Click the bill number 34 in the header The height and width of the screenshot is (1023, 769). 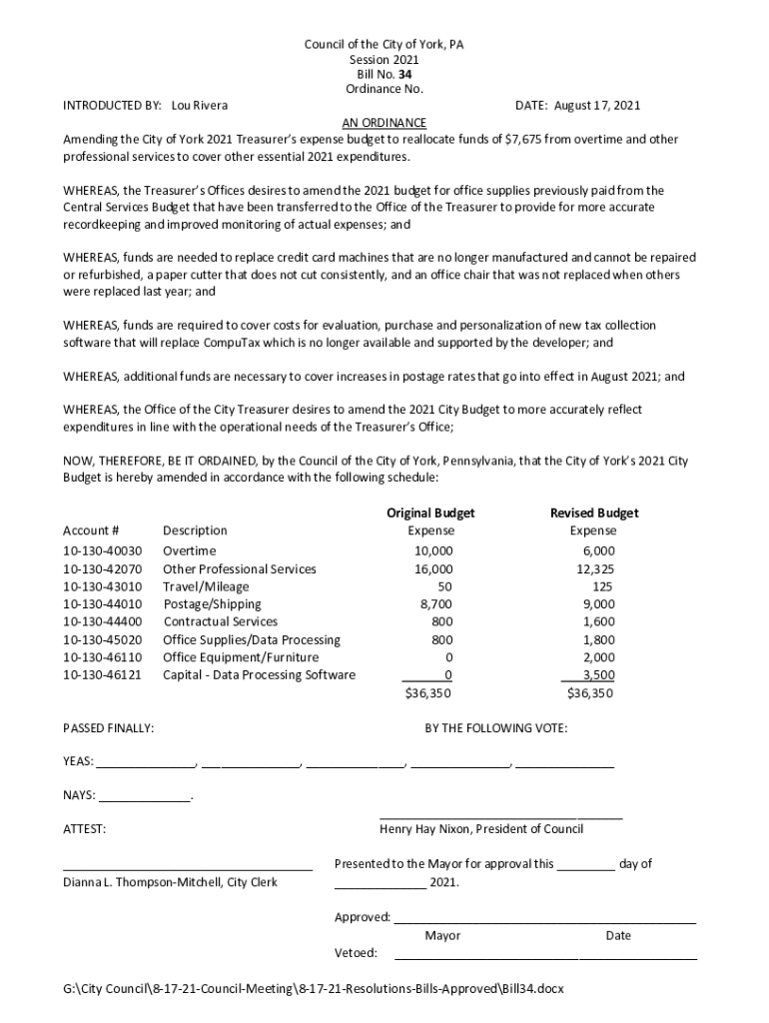[404, 74]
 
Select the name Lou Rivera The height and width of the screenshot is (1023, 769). [200, 105]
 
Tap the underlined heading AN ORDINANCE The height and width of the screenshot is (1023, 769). [384, 122]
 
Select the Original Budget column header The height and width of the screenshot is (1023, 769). [430, 512]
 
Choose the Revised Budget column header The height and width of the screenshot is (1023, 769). [594, 512]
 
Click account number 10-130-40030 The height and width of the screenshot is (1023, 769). [103, 550]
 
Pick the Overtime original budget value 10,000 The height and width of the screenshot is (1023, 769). [433, 550]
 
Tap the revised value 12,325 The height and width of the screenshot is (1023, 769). [596, 568]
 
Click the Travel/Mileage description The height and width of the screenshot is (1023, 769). [206, 586]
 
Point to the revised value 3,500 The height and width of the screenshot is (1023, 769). [598, 675]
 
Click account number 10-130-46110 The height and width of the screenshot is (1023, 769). [103, 657]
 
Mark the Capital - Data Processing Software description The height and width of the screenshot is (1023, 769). [259, 675]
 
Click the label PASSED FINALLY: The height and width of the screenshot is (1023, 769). [108, 728]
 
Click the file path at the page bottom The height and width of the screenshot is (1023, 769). [313, 989]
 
